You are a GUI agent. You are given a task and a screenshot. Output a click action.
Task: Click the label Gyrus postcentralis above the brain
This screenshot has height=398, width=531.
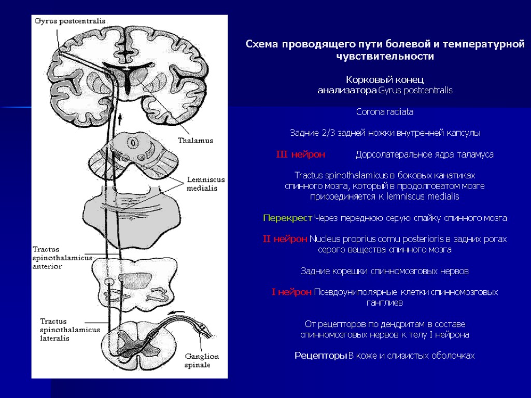click(70, 21)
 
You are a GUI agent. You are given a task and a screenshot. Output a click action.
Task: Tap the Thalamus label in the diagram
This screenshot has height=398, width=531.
click(195, 140)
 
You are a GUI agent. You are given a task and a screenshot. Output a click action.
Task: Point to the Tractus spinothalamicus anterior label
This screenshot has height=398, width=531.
click(62, 258)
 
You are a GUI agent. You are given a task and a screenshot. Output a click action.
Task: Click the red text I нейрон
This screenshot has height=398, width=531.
click(291, 292)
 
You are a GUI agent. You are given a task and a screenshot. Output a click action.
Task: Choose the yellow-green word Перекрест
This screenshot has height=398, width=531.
click(287, 218)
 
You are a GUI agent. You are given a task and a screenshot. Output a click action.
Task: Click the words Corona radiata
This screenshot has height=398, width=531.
click(385, 112)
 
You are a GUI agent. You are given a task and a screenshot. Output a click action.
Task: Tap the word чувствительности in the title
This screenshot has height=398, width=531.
click(385, 56)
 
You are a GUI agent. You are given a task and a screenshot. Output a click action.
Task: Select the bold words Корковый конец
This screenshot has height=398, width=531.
click(385, 80)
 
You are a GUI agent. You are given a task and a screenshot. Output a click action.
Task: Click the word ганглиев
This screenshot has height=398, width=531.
click(385, 303)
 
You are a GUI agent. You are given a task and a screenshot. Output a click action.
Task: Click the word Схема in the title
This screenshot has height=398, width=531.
click(262, 45)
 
